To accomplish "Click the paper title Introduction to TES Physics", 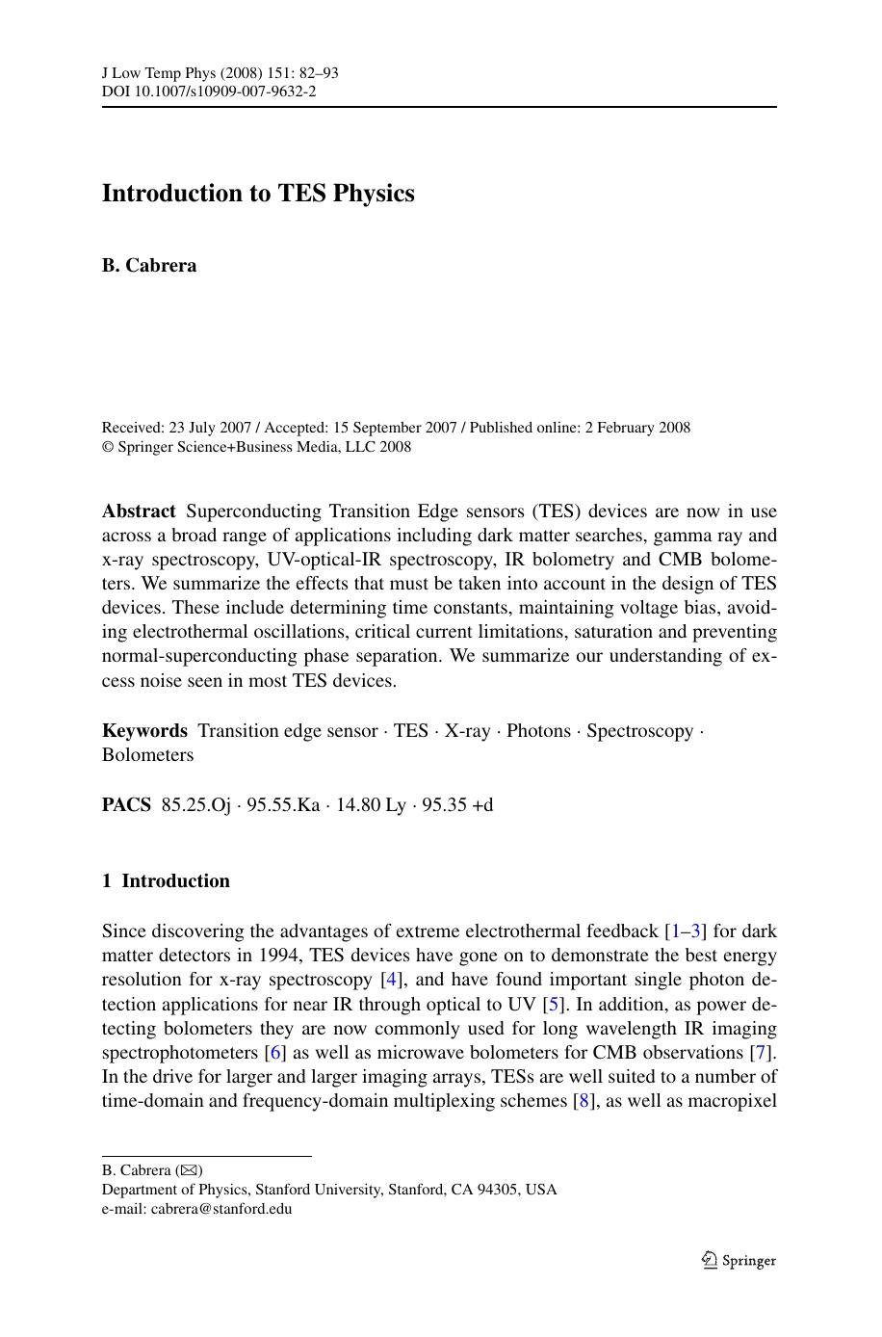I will point(258,194).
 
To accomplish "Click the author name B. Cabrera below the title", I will point(149,266).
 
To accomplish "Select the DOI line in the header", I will point(209,92).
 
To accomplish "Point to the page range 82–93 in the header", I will point(314,73).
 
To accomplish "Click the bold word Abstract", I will point(139,511).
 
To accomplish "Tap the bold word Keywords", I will point(144,731).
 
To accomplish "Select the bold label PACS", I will point(126,805).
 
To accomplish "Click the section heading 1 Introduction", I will point(166,881).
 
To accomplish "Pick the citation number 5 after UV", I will point(553,1004).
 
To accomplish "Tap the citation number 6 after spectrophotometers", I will point(276,1053).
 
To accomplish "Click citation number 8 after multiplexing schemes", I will point(581,1101).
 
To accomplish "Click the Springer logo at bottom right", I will point(739,1261).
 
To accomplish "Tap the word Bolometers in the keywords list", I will point(147,755).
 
